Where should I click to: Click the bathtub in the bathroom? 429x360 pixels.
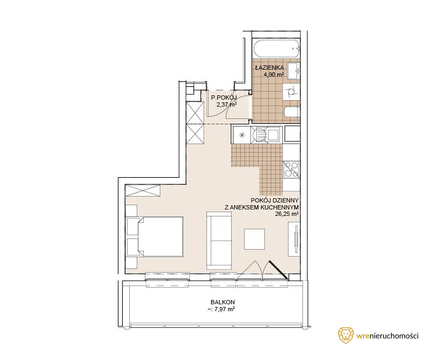[276, 49]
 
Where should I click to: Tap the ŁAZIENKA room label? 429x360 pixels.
[269, 67]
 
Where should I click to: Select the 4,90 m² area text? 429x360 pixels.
[273, 74]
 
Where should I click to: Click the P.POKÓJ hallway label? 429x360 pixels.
[224, 97]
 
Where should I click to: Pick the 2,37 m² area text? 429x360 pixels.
[226, 104]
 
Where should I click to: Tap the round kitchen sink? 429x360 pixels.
[258, 135]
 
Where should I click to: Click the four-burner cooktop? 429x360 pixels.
[291, 169]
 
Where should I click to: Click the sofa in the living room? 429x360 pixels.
[219, 241]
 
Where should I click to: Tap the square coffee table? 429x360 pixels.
[254, 239]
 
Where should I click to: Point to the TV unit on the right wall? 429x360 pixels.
[294, 239]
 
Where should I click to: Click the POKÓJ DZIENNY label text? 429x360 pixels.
[275, 201]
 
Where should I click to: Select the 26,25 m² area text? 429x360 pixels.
[287, 214]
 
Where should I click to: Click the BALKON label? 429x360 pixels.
[223, 302]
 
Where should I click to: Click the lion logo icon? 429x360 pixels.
[345, 335]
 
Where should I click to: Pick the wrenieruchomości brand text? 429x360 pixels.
[387, 336]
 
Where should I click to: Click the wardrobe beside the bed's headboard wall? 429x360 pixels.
[143, 190]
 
